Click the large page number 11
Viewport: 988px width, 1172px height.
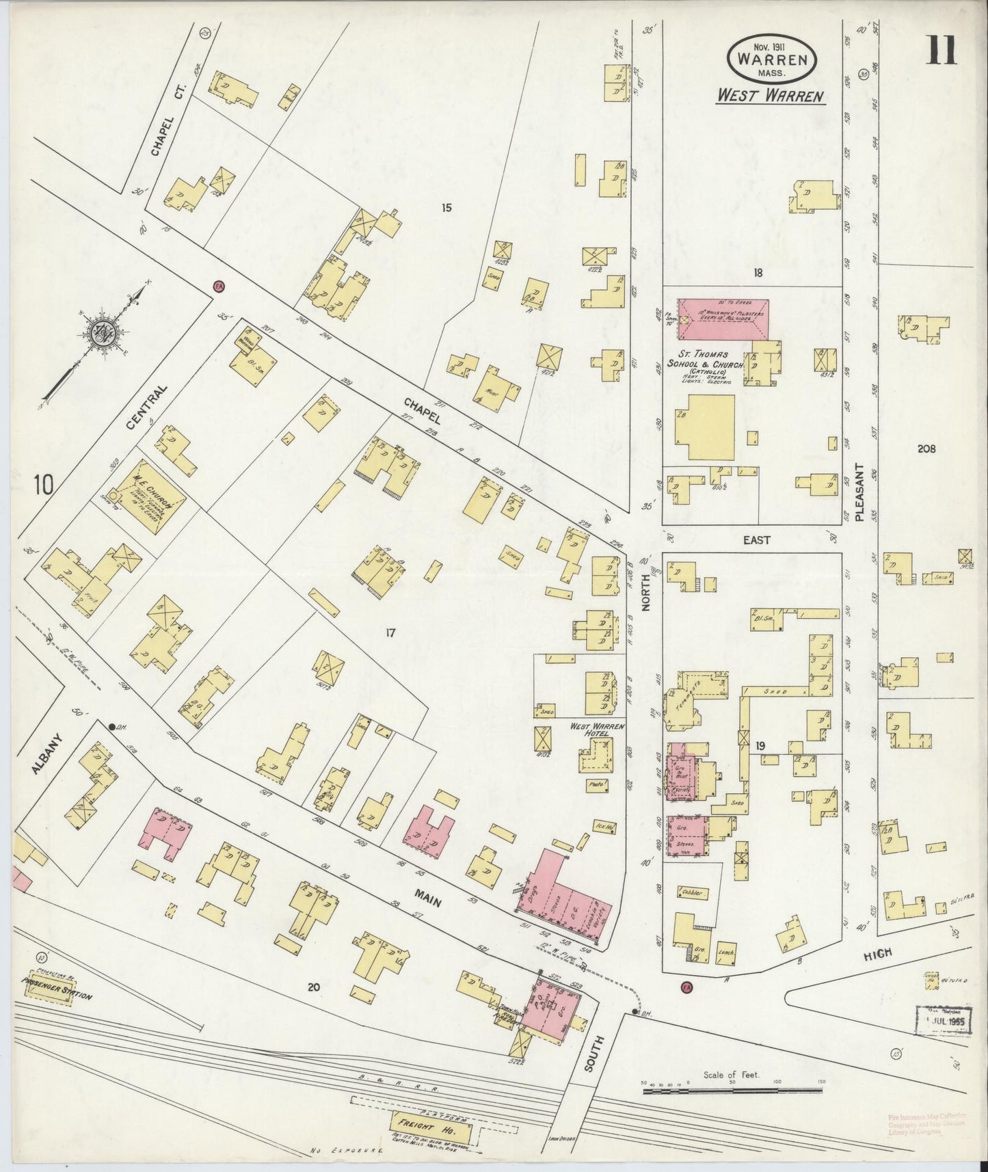(942, 51)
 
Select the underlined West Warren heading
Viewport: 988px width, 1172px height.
(770, 96)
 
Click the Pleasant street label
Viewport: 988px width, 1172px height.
(859, 494)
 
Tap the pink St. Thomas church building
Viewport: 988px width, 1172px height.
(723, 319)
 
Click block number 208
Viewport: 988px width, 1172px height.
(926, 449)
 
